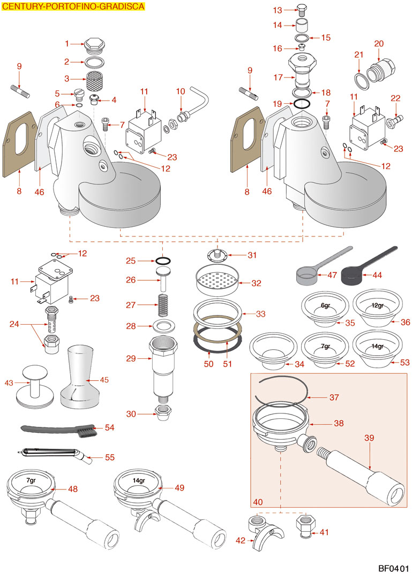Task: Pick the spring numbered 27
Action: tap(163, 305)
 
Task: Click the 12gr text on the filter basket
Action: tap(377, 305)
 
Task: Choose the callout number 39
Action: tap(369, 438)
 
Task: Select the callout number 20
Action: tap(379, 43)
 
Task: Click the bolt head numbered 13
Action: tap(302, 10)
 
